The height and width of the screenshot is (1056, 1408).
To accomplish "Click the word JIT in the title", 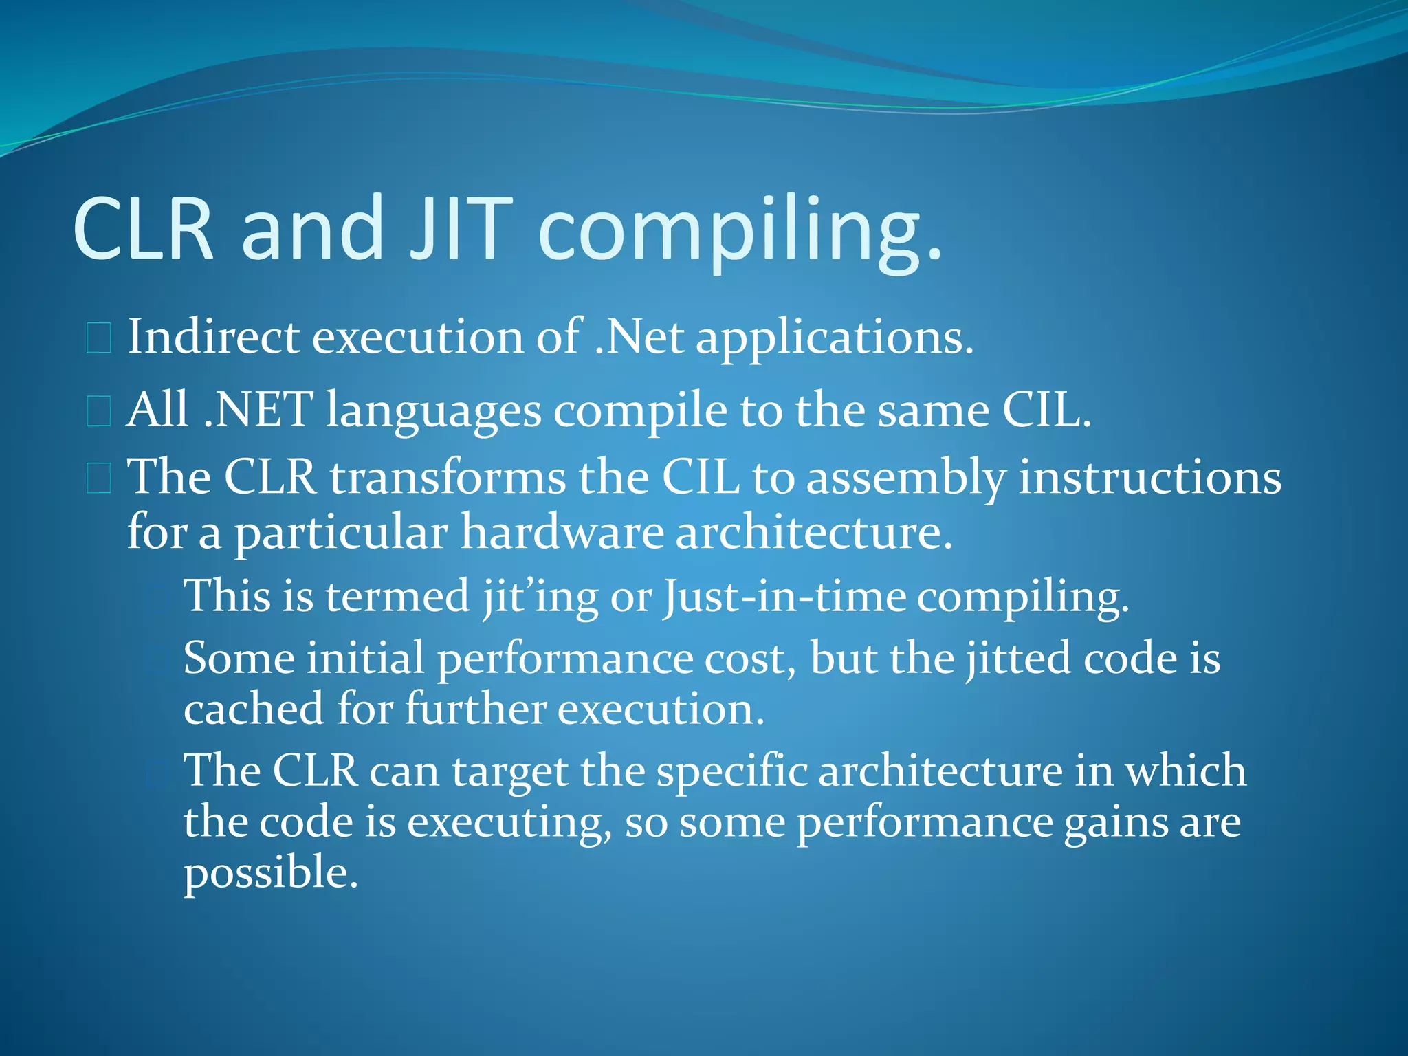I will click(461, 229).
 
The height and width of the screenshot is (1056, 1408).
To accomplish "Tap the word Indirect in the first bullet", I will click(214, 337).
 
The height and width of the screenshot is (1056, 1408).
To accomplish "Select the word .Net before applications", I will click(639, 337).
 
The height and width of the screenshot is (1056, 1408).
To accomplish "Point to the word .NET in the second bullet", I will click(258, 410).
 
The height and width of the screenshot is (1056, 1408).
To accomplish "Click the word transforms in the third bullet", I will click(448, 477).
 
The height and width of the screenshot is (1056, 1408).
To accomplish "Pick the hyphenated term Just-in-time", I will click(784, 596).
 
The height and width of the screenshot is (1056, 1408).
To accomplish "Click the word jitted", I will click(1018, 659).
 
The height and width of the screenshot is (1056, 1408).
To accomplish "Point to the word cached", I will click(254, 709).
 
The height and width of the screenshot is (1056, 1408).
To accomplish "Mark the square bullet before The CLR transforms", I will click(99, 478).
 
